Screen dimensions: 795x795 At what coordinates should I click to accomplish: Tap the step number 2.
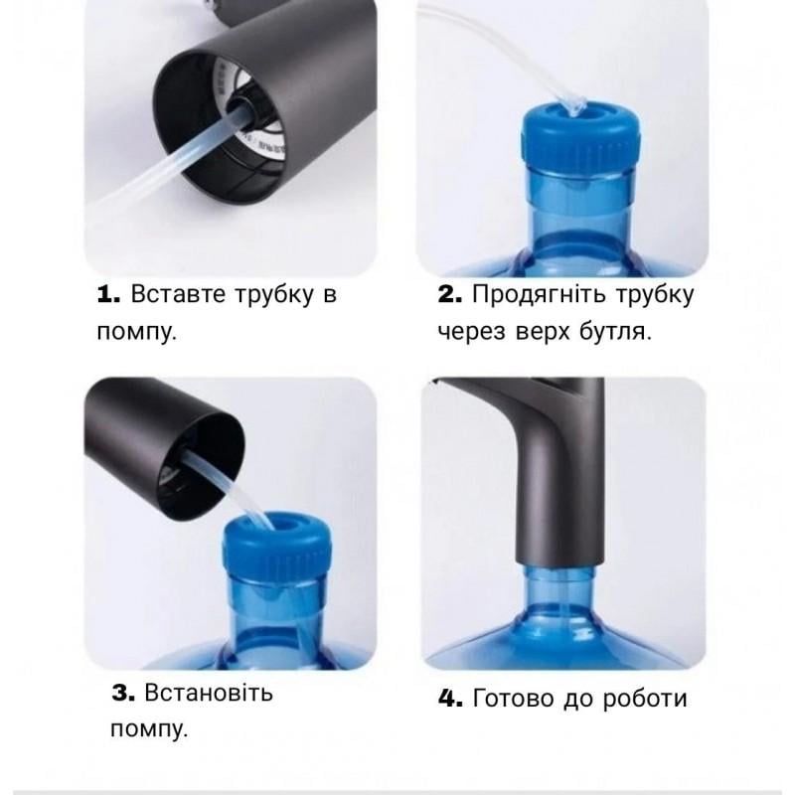pyautogui.click(x=450, y=294)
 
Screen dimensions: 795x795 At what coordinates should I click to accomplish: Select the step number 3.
pyautogui.click(x=123, y=693)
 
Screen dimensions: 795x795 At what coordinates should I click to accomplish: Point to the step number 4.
pyautogui.click(x=451, y=699)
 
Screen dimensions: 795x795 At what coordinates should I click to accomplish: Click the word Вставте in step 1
pyautogui.click(x=179, y=294)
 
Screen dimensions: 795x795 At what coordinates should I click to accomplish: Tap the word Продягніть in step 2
pyautogui.click(x=540, y=295)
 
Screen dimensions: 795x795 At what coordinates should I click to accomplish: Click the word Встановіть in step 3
pyautogui.click(x=209, y=693)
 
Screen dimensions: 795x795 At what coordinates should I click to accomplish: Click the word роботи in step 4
pyautogui.click(x=645, y=700)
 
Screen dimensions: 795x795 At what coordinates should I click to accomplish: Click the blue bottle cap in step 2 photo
pyautogui.click(x=581, y=137)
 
